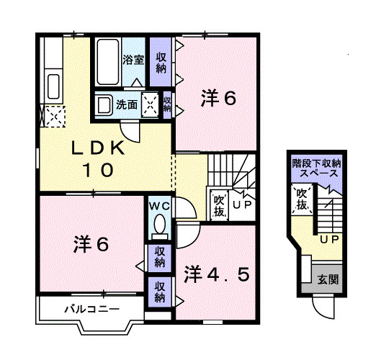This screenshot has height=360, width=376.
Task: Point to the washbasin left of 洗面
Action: point(104,104)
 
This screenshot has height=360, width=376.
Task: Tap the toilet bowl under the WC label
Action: point(159,225)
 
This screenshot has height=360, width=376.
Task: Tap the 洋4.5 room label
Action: point(217,274)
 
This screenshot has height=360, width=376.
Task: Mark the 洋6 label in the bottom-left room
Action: point(91,244)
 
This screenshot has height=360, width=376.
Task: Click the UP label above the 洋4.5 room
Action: point(242,206)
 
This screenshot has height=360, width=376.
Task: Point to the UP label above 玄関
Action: point(329,238)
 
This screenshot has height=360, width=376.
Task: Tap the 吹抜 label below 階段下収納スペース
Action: point(302,199)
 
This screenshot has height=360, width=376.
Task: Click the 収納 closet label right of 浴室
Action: point(161,62)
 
